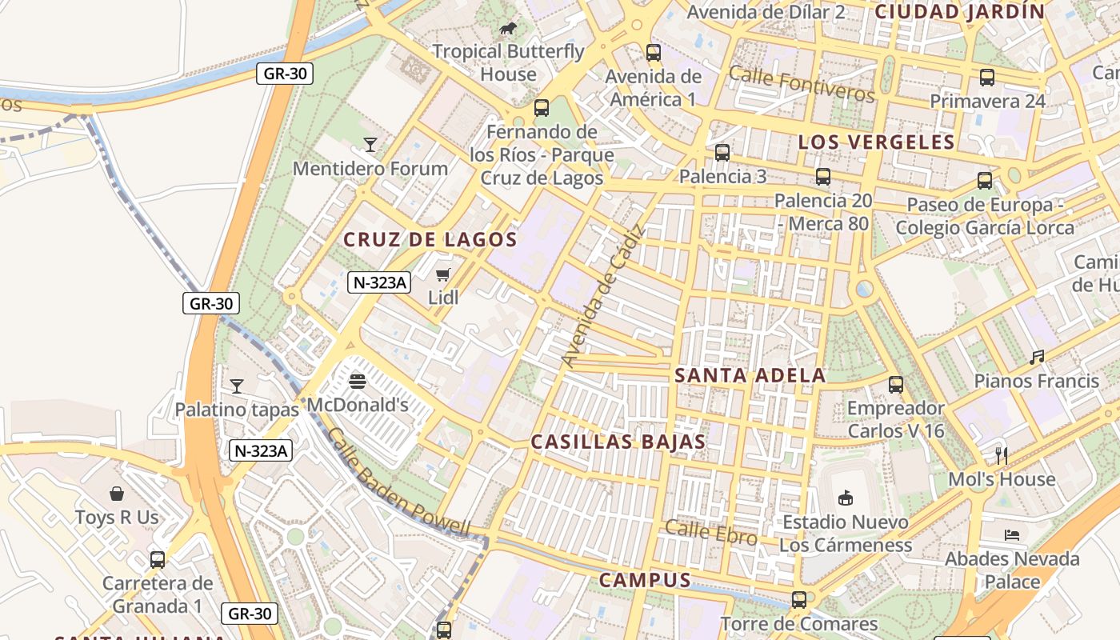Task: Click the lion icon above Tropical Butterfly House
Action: pyautogui.click(x=507, y=30)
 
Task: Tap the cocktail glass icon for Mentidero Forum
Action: pyautogui.click(x=370, y=145)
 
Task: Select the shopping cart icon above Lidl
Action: pyautogui.click(x=443, y=275)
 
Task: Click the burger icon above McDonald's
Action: pyautogui.click(x=358, y=382)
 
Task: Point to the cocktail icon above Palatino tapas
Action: pyautogui.click(x=236, y=386)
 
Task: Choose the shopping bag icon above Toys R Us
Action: pyautogui.click(x=117, y=494)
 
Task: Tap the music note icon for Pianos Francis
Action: pyautogui.click(x=1037, y=358)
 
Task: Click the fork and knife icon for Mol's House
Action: pyautogui.click(x=1002, y=456)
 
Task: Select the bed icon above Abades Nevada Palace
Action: pyautogui.click(x=1012, y=534)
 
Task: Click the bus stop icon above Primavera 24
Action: pyautogui.click(x=987, y=78)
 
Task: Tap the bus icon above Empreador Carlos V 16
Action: pyautogui.click(x=896, y=385)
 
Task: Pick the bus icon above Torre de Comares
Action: pyautogui.click(x=798, y=600)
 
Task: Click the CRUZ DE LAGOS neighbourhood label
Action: pyautogui.click(x=430, y=239)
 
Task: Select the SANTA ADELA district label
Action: pyautogui.click(x=750, y=375)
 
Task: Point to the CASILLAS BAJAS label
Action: pyautogui.click(x=618, y=442)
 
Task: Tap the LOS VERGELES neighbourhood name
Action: pyautogui.click(x=876, y=142)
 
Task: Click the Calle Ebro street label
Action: pyautogui.click(x=710, y=533)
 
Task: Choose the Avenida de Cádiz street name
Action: pyautogui.click(x=603, y=297)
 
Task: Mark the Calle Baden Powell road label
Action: pyautogui.click(x=398, y=483)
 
